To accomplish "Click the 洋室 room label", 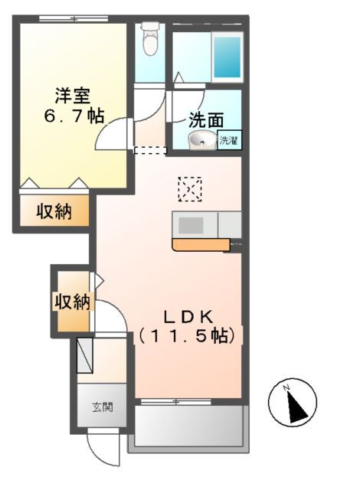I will click(72, 97).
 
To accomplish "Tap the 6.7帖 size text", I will click(74, 117).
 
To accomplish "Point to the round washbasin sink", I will click(202, 139).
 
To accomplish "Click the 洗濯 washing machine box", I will click(229, 140).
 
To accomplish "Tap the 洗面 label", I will click(206, 119).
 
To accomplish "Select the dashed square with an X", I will click(189, 189).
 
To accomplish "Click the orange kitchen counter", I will click(201, 245).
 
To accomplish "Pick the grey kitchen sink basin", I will click(191, 225).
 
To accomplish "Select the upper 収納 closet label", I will click(54, 212).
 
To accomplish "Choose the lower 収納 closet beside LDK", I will click(71, 302).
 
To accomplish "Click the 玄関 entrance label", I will click(103, 407).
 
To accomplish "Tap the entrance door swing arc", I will click(104, 450).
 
